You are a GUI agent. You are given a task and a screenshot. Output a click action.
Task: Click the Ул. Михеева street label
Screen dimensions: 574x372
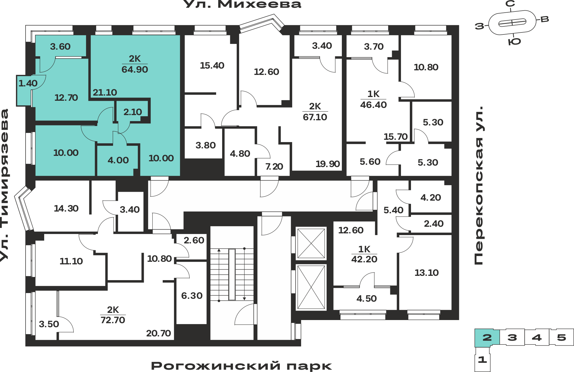click(242, 4)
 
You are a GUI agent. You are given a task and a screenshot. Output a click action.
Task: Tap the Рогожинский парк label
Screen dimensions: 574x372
click(241, 366)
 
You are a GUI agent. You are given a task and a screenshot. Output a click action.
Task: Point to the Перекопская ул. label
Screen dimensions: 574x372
click(479, 185)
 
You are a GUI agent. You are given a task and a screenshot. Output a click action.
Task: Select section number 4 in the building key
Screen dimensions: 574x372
click(537, 337)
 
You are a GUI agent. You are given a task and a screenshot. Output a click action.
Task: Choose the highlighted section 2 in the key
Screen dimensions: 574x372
click(487, 337)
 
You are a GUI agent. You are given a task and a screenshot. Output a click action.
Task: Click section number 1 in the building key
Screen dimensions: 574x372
click(482, 359)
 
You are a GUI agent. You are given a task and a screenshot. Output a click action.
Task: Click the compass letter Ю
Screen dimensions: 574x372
click(514, 42)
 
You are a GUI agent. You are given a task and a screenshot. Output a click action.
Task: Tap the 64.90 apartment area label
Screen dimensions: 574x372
click(135, 69)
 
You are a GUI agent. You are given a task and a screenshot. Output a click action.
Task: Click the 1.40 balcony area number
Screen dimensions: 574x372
click(28, 83)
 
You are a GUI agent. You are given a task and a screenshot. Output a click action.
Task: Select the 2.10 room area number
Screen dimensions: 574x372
click(133, 112)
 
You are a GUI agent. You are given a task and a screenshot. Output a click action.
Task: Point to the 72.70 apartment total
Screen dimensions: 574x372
click(113, 320)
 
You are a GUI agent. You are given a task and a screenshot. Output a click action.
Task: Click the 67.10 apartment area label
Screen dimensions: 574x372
click(315, 117)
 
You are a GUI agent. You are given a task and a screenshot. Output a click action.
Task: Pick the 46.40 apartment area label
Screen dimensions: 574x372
click(373, 105)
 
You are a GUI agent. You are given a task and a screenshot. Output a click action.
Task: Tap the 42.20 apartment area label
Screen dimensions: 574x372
click(364, 259)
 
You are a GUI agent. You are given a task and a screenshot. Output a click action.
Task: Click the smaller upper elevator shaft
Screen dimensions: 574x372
click(311, 243)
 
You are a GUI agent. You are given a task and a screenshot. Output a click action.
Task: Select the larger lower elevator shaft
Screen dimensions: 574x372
click(311, 287)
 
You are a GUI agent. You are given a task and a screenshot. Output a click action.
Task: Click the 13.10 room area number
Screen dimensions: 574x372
click(426, 273)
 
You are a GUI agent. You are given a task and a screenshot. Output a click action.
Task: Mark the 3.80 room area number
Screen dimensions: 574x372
click(205, 145)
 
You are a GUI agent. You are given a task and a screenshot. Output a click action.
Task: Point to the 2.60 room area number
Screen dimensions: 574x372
click(194, 240)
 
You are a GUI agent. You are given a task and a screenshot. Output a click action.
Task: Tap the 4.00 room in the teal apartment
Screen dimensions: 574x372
click(118, 160)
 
